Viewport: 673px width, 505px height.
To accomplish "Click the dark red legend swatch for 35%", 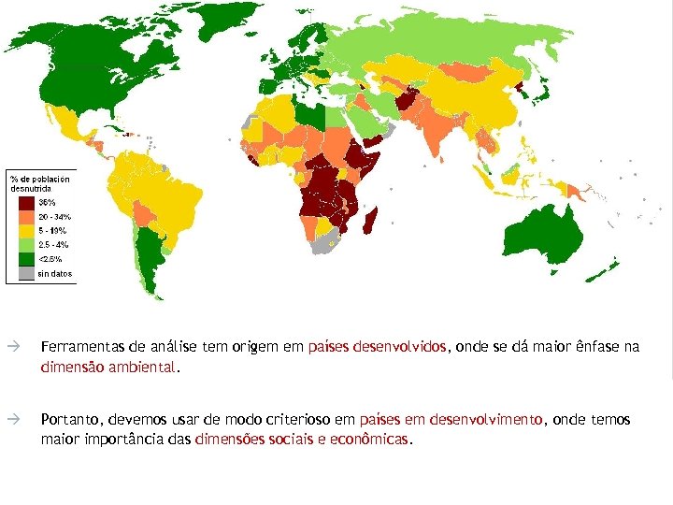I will tap(25, 202).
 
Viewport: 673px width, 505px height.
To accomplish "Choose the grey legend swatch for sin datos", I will tap(25, 274).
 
